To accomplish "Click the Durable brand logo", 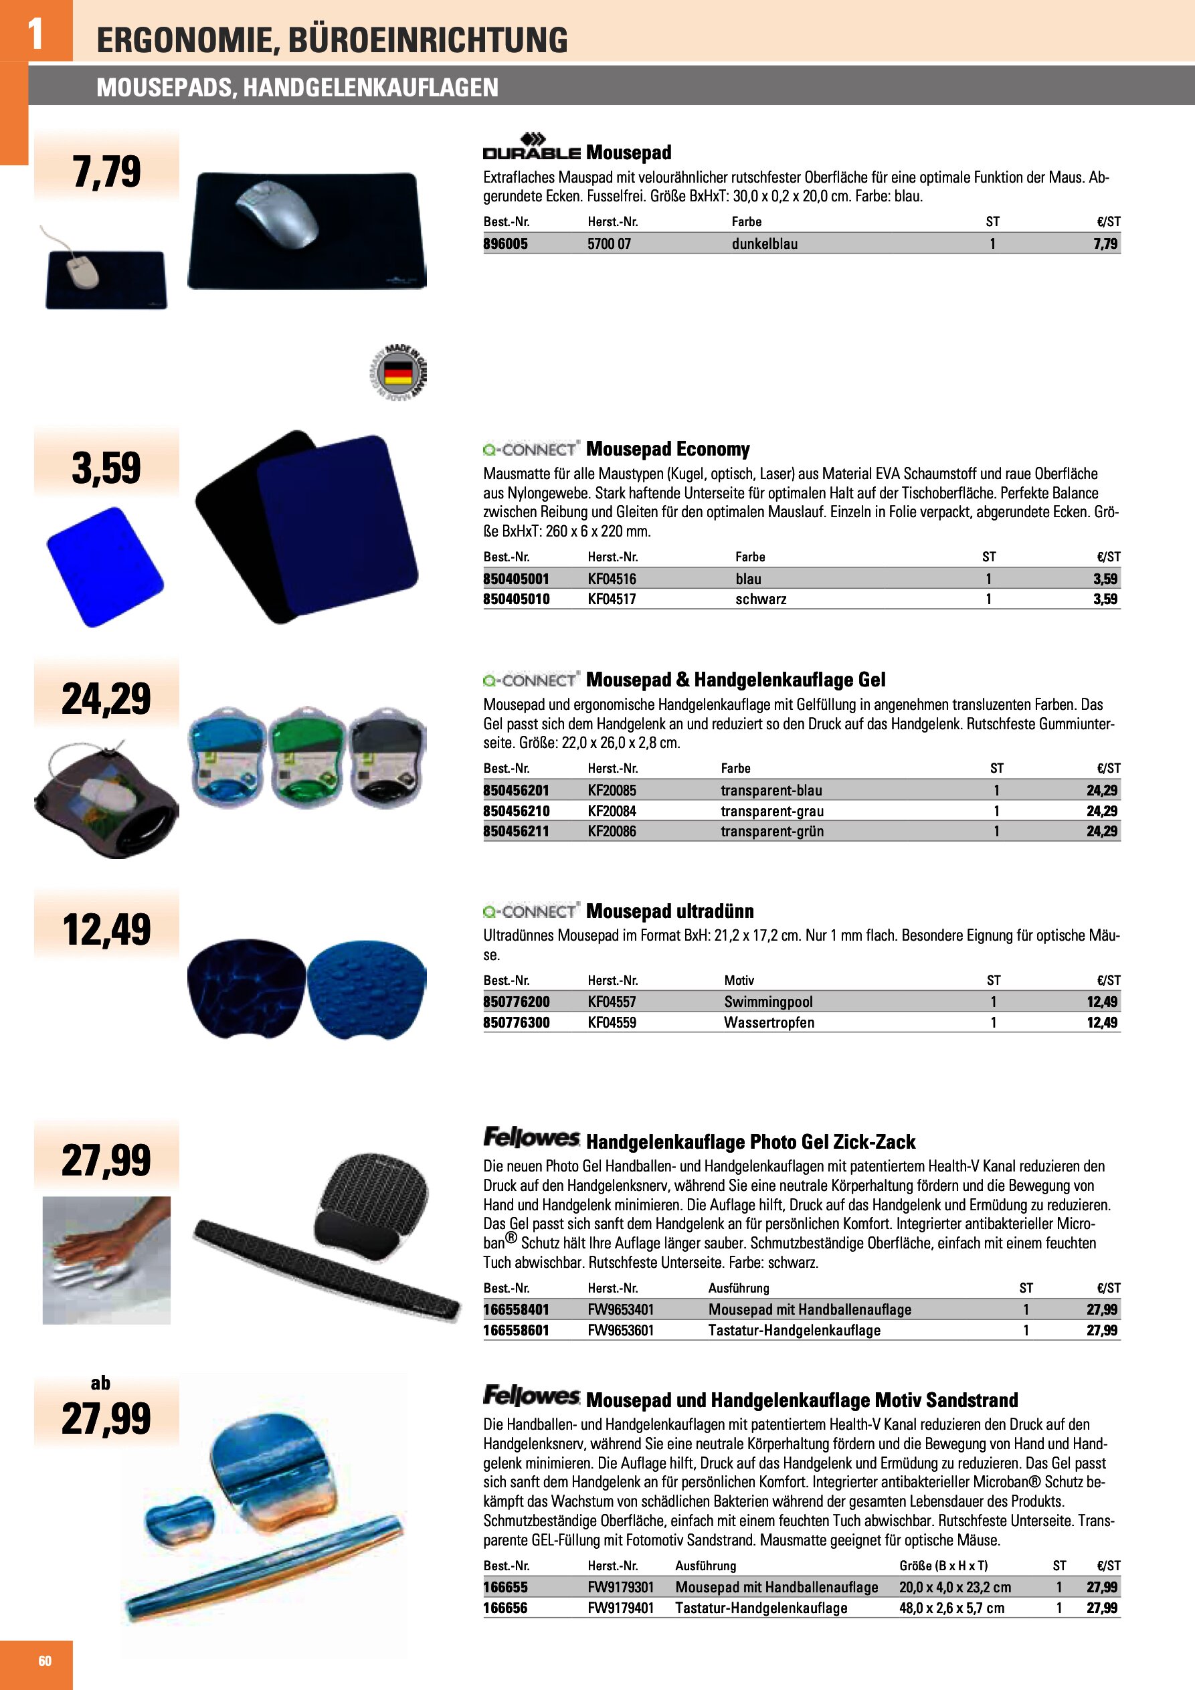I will tap(531, 147).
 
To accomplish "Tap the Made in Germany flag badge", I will tap(398, 372).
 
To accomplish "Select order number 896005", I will tap(505, 244).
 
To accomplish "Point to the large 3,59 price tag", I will tap(106, 468).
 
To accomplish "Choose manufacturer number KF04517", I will tap(611, 599).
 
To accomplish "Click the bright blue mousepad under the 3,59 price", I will tap(105, 567).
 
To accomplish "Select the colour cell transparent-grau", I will tap(771, 811).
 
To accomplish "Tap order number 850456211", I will tap(515, 831).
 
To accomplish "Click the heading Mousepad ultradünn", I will tap(669, 911).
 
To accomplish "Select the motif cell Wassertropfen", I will tap(769, 1022).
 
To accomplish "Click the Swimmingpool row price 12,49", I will tap(1101, 1002).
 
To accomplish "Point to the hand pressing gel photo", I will tap(107, 1260).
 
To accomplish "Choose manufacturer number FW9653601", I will tap(620, 1330).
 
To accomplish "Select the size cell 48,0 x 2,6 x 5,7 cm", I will tap(951, 1608).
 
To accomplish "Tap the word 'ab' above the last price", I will tap(101, 1383).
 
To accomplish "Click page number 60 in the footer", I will tap(45, 1661).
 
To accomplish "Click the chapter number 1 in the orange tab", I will tap(35, 33).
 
